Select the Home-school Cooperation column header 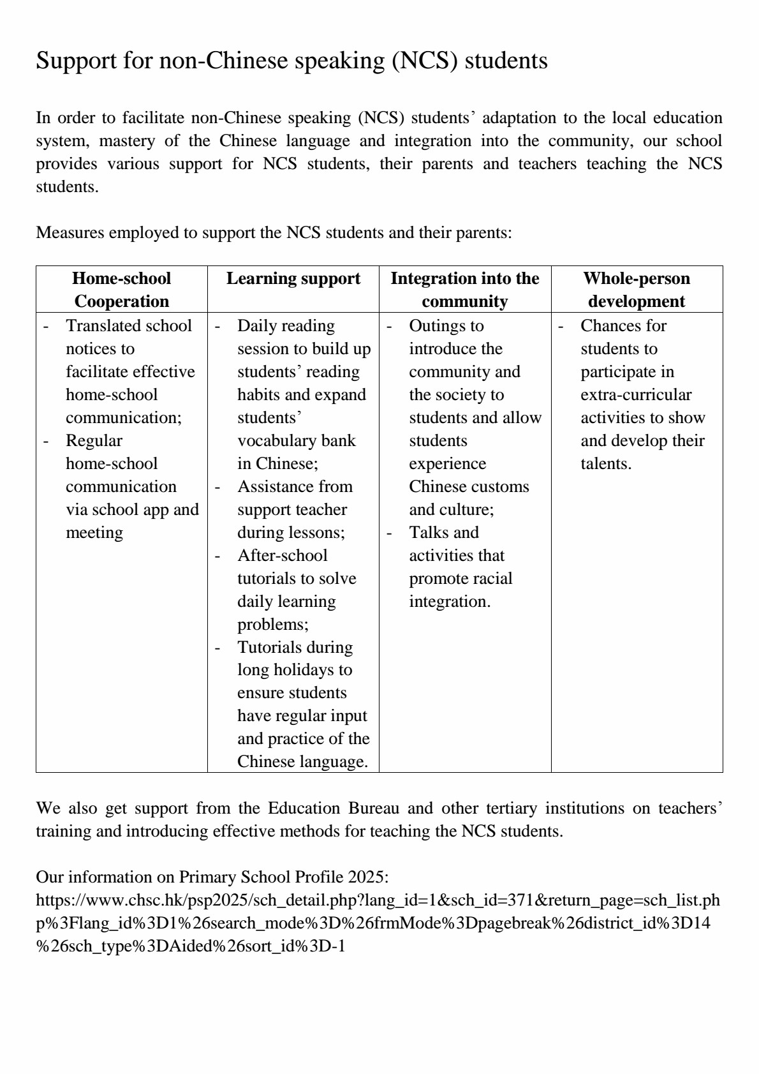pos(121,290)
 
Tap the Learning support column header pos(293,278)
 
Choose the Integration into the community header pos(464,290)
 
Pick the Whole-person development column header pos(636,290)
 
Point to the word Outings pos(437,325)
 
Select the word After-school pos(282,555)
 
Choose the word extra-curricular pos(635,394)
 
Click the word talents pos(605,463)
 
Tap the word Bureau pos(374,808)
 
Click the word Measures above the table pos(70,232)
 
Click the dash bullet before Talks pos(389,533)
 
